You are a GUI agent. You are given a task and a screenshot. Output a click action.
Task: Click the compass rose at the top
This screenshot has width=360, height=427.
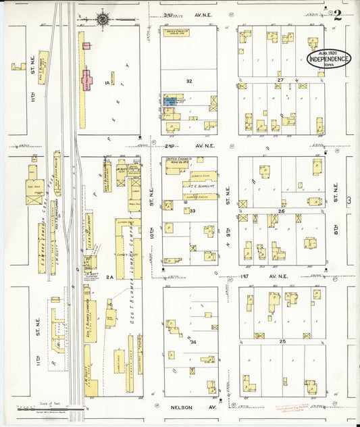[103, 18]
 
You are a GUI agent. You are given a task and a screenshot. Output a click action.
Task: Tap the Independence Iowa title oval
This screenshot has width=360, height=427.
[329, 59]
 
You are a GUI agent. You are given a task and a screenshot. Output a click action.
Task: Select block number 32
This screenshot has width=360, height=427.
[190, 80]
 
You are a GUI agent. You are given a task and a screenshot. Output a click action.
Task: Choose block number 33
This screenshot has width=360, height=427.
[192, 211]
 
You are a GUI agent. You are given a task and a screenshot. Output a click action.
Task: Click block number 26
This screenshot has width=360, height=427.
[281, 211]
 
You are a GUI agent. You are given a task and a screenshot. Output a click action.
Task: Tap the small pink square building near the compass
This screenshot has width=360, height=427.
[86, 45]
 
